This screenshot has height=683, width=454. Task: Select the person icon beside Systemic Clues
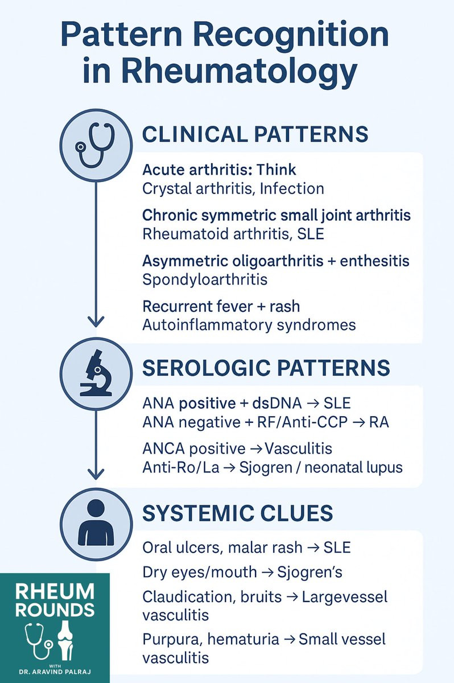click(x=95, y=521)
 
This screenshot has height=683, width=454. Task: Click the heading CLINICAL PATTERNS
click(x=255, y=135)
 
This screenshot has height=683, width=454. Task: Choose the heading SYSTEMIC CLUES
click(x=237, y=513)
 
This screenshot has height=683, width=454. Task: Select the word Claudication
click(x=181, y=598)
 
